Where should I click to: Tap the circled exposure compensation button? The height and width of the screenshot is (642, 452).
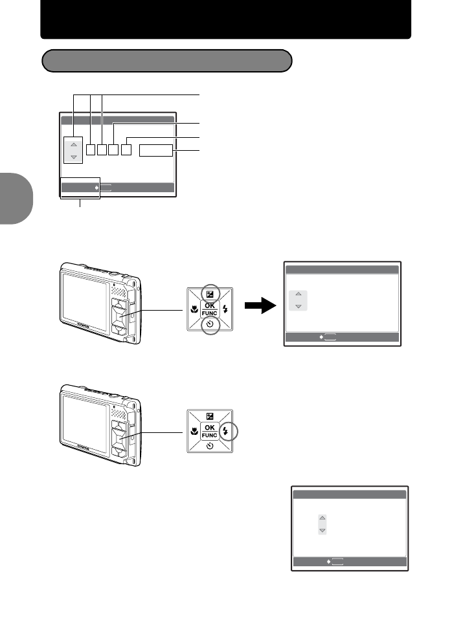coord(209,291)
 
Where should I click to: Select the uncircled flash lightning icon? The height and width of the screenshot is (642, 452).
coord(226,309)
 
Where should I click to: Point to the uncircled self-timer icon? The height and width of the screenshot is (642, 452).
coord(209,448)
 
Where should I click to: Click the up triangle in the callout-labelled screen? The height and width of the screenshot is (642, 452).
coord(73,144)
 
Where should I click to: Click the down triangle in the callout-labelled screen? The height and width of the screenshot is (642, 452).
coord(73,157)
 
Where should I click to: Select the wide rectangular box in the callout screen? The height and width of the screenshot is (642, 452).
coord(156,151)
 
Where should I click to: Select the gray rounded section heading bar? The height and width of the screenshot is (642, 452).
coord(166,61)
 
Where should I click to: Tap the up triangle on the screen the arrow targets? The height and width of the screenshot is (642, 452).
coord(299,295)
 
